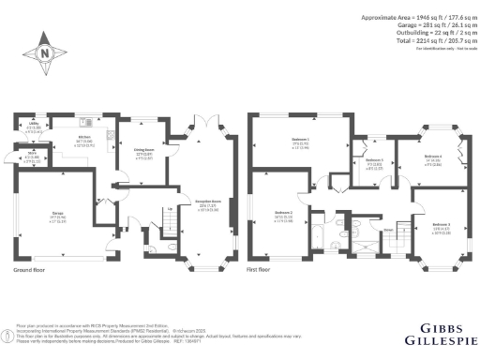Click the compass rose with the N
click(46, 53)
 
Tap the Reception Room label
click(208, 204)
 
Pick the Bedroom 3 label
click(441, 226)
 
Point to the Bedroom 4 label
click(431, 158)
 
